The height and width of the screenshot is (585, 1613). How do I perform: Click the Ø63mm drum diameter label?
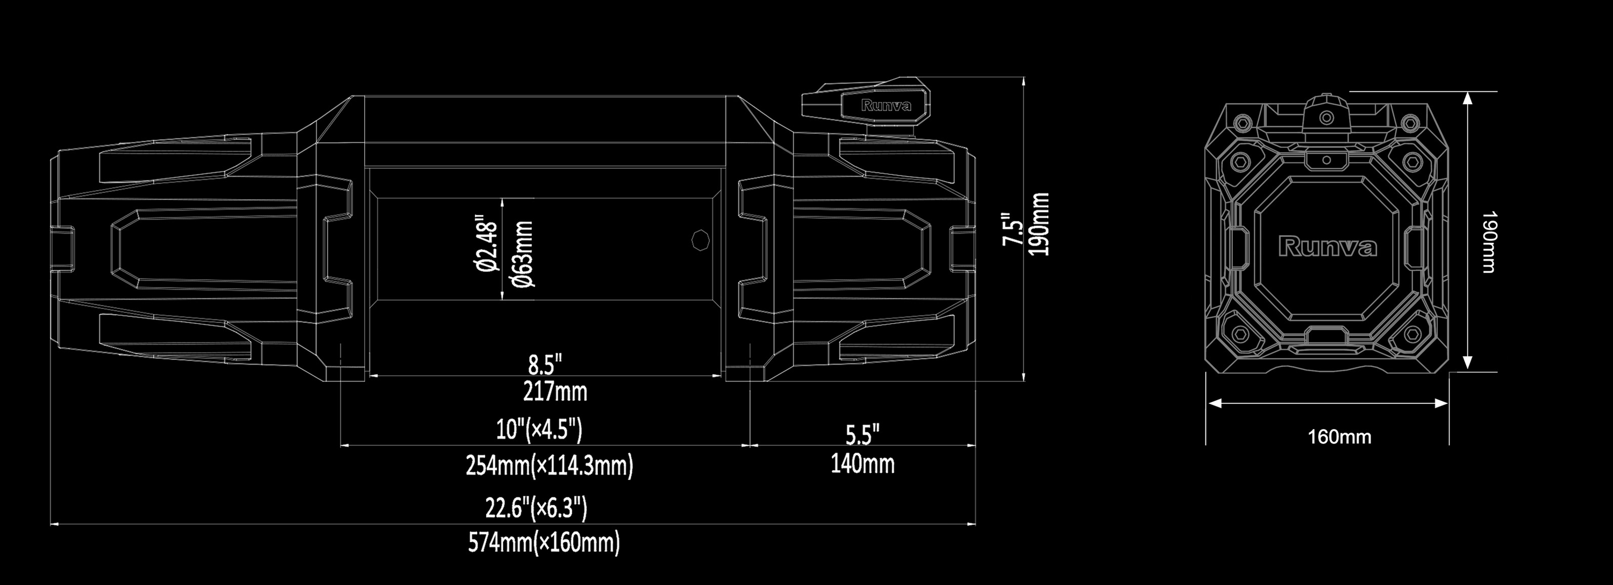coord(523,253)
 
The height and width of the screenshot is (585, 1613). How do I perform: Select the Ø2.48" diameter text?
coord(487,244)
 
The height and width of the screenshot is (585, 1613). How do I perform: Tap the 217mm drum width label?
coord(555,392)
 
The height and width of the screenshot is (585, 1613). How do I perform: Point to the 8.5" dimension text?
coord(545,364)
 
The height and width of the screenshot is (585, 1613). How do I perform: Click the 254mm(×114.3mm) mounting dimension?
coord(549,466)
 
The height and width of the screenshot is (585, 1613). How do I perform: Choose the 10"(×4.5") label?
coord(539,429)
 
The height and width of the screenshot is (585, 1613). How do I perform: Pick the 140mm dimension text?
coord(862,464)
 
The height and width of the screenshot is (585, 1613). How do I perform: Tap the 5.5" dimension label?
coord(862,434)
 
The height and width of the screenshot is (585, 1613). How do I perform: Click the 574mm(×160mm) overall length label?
coord(544,542)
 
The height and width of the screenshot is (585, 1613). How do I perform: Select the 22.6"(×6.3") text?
coord(536,508)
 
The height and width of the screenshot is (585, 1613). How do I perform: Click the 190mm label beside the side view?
coord(1039,224)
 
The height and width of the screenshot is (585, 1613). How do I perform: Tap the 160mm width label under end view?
coord(1339,436)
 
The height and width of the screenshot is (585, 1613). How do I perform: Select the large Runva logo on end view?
coord(1327,247)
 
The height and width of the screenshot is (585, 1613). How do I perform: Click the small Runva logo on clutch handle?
coord(886,106)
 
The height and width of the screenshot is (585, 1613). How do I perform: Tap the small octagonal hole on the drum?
coord(701,240)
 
